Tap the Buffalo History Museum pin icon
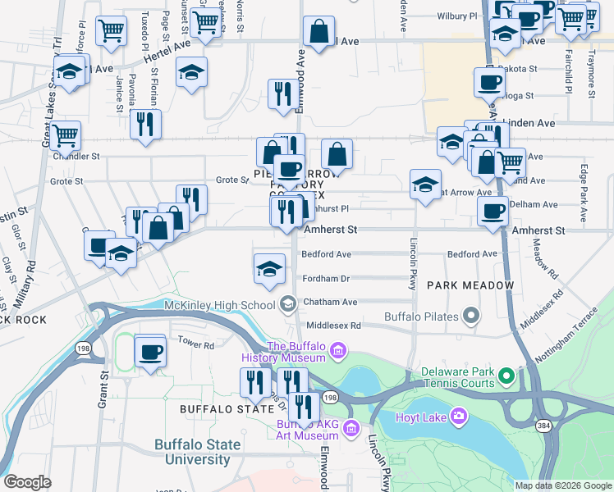click(x=337, y=353)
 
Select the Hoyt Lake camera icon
click(x=458, y=417)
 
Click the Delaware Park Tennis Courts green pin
click(x=506, y=377)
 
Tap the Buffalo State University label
click(x=198, y=453)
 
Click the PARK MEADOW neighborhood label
click(x=470, y=285)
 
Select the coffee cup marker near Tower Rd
click(x=150, y=353)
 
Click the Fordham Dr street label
click(x=326, y=279)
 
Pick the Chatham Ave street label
click(x=330, y=302)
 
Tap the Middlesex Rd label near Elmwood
click(x=332, y=326)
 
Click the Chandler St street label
click(x=76, y=156)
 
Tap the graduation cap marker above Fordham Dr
click(x=269, y=269)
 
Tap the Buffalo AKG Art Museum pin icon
click(x=351, y=428)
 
